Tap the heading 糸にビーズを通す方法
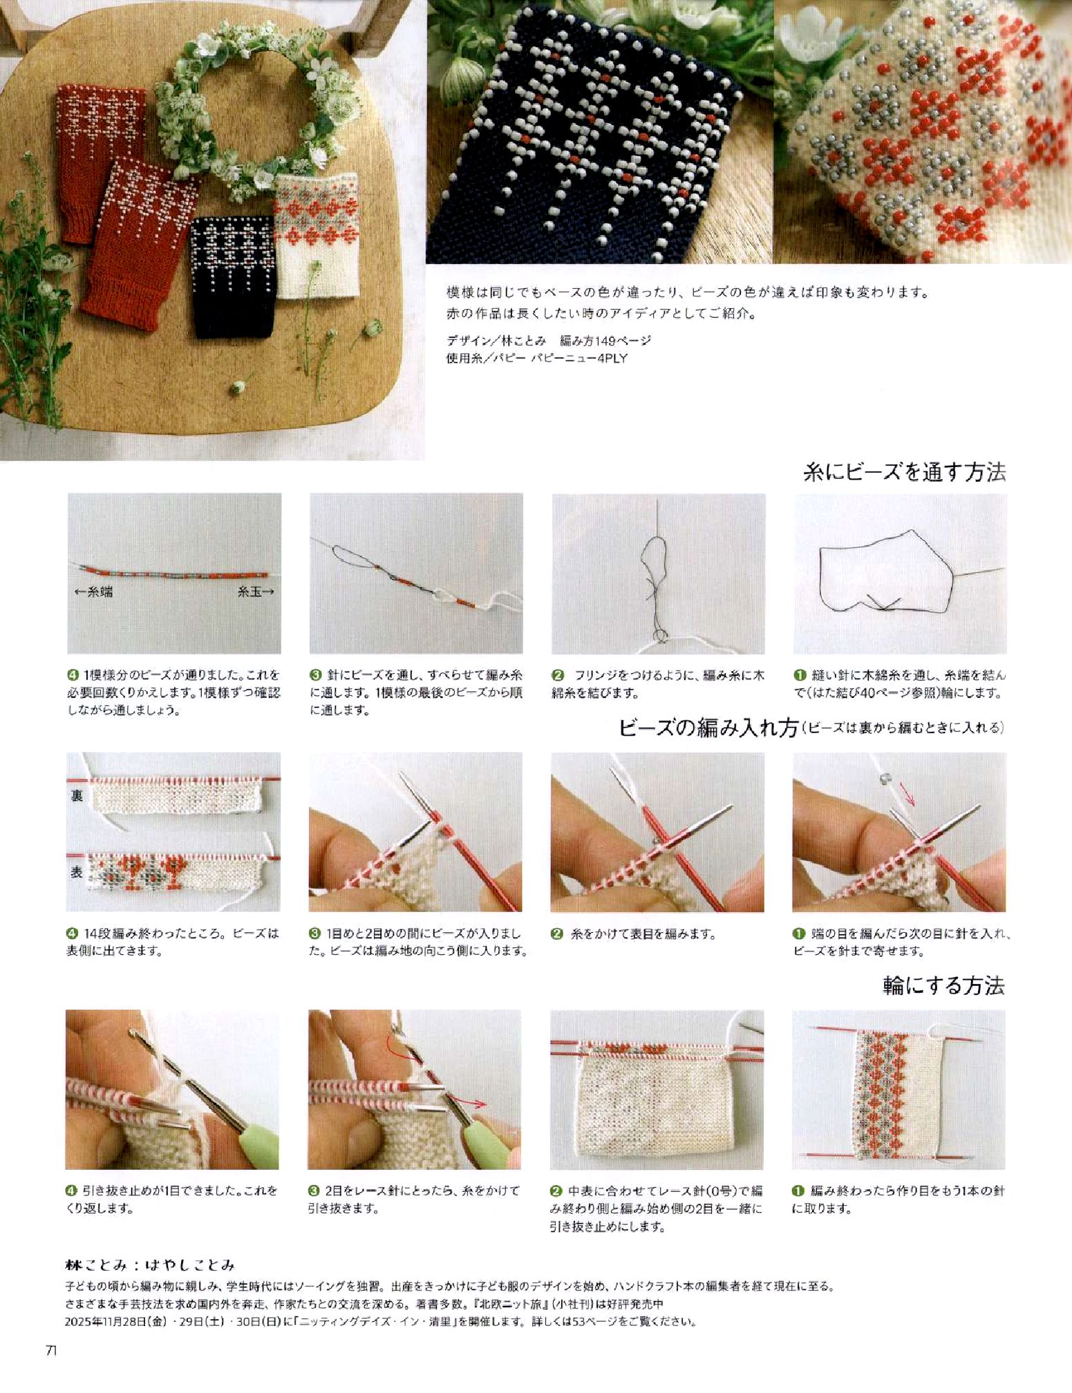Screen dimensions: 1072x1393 904,472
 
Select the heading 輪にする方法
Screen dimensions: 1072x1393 943,985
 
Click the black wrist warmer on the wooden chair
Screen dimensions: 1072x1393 233,278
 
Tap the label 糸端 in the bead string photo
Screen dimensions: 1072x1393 94,591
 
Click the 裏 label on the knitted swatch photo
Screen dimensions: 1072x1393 77,795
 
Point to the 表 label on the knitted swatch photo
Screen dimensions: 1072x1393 77,873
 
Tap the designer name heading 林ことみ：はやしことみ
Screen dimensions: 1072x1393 150,1265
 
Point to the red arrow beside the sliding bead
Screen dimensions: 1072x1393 908,795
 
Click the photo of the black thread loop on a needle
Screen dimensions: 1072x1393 900,574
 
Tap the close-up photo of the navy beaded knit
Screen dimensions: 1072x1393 599,131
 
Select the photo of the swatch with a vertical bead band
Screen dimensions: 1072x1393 899,1090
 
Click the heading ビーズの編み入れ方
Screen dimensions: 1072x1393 708,728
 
